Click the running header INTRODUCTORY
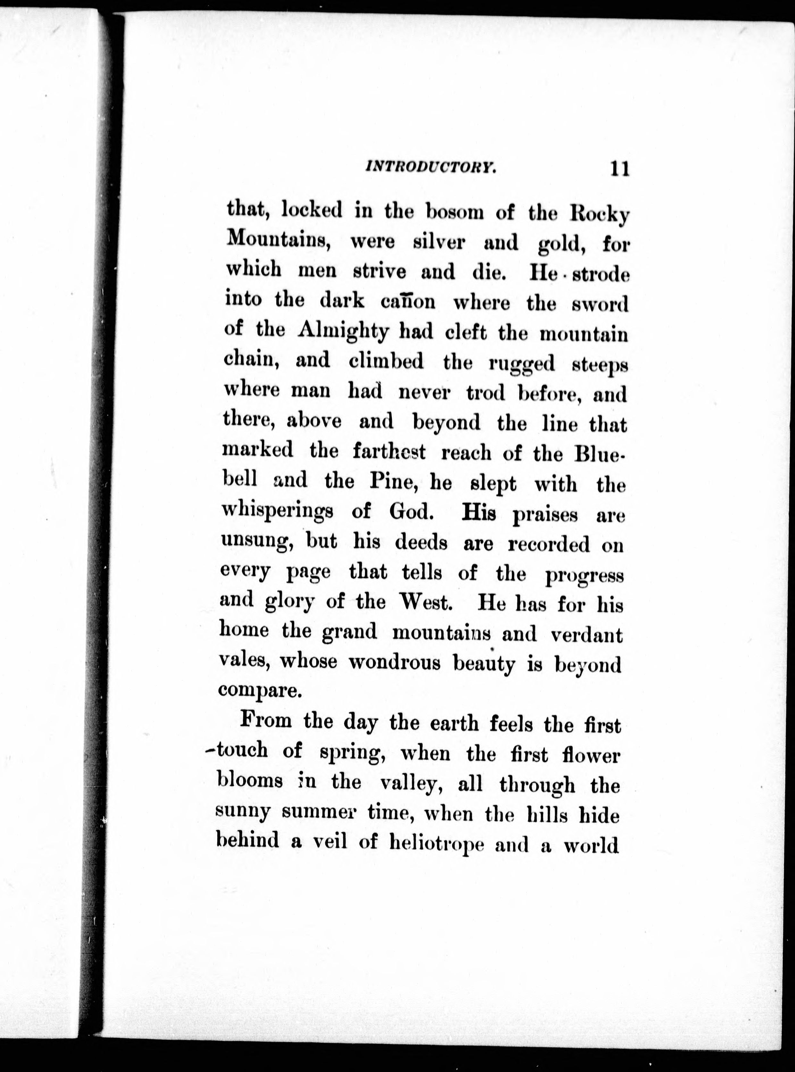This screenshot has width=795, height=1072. (431, 167)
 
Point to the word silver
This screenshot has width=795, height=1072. (439, 242)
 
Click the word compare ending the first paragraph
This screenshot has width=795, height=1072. (259, 691)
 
